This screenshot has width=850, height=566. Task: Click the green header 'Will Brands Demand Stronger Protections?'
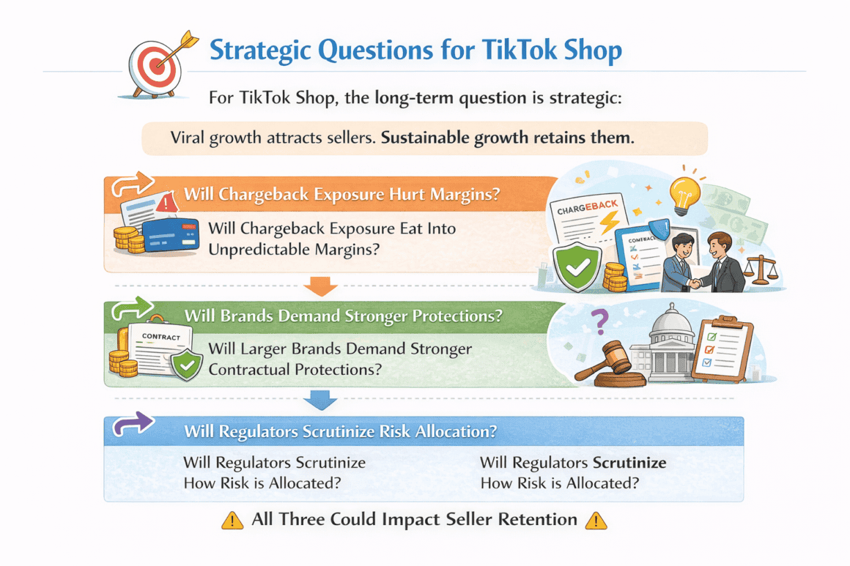[x=343, y=316]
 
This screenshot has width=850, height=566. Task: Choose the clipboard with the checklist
[x=722, y=349]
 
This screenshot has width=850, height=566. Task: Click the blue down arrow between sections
[x=320, y=400]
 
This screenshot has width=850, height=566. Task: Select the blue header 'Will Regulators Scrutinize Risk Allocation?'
[x=340, y=431]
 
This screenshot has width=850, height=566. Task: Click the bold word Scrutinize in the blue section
[x=629, y=463]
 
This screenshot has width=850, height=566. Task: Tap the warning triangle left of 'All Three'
[x=232, y=521]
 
